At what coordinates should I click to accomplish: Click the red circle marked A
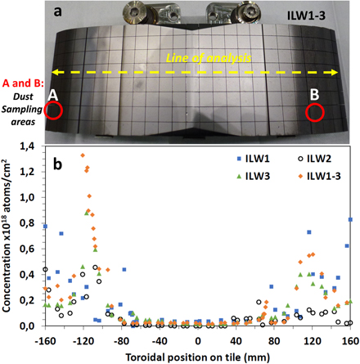point(55,110)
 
